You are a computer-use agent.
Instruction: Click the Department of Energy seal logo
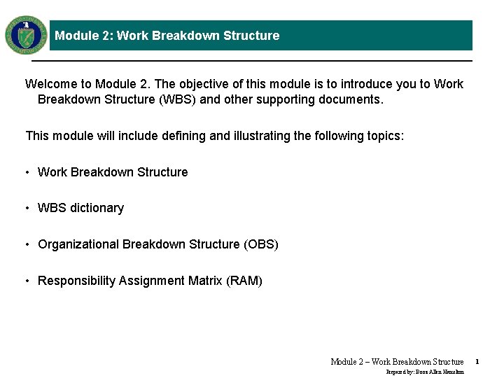click(x=26, y=35)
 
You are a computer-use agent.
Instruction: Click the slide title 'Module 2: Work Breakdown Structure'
click(x=167, y=36)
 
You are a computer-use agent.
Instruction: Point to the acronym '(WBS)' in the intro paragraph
click(x=178, y=99)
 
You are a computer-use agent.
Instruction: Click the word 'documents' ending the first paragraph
click(x=349, y=99)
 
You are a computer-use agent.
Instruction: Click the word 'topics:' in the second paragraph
click(x=384, y=136)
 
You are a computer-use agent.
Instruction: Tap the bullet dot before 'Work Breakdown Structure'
click(x=27, y=173)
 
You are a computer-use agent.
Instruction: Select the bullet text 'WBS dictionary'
click(x=80, y=208)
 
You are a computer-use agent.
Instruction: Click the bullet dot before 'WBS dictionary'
click(x=27, y=209)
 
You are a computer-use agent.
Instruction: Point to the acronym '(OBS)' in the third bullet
click(x=261, y=244)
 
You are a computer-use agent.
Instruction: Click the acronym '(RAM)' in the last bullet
click(x=244, y=281)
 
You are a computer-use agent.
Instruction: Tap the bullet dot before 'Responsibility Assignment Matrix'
click(x=27, y=281)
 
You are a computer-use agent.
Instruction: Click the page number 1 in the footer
click(x=477, y=362)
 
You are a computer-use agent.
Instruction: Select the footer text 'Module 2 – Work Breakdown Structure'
click(x=397, y=362)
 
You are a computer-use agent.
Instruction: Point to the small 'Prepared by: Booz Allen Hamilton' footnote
click(x=425, y=372)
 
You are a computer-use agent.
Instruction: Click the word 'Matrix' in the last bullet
click(x=205, y=281)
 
